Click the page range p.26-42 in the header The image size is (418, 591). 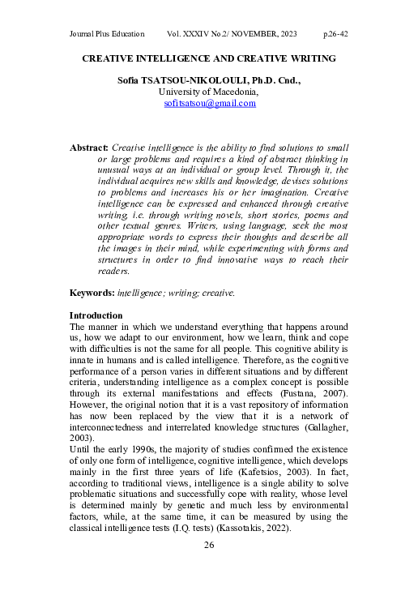click(335, 36)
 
